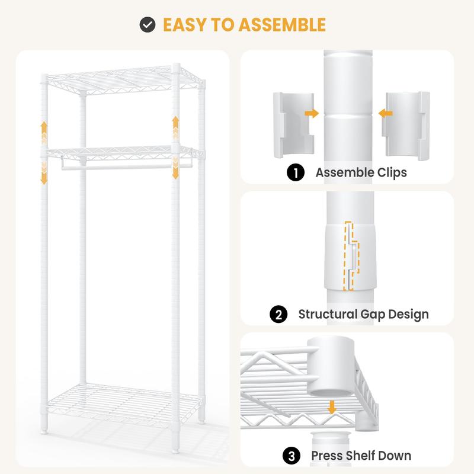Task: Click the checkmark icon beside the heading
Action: click(148, 24)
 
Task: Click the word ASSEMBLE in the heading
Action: click(282, 25)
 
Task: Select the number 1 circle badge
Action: click(295, 172)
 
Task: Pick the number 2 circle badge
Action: click(278, 314)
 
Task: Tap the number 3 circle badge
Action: click(292, 456)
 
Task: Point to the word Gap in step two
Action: click(373, 315)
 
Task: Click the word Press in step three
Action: click(326, 456)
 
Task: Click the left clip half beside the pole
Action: click(293, 125)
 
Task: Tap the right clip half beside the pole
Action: click(406, 126)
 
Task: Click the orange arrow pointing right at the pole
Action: click(312, 113)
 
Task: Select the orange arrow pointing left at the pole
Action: click(386, 113)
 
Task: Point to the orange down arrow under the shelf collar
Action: click(332, 407)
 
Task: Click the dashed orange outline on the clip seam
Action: click(351, 256)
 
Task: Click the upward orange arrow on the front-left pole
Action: click(44, 132)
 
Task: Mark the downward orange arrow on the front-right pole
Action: click(175, 168)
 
